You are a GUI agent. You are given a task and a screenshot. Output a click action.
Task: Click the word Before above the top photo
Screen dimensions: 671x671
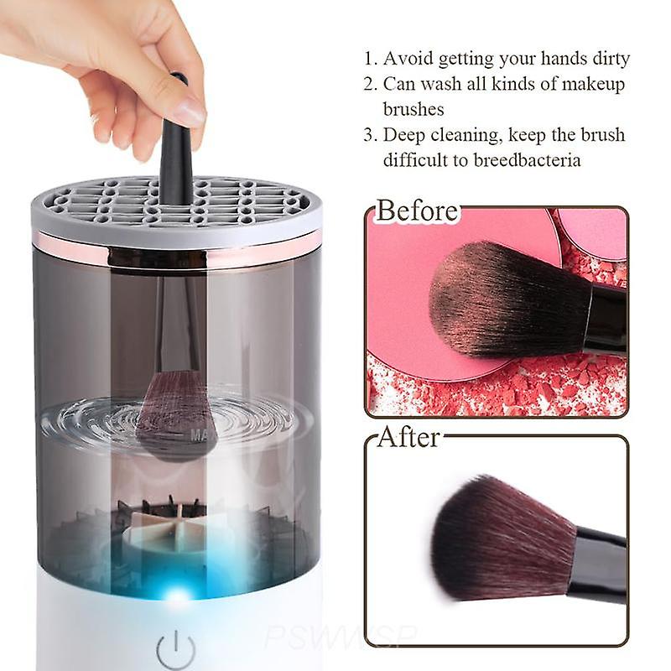coord(417,211)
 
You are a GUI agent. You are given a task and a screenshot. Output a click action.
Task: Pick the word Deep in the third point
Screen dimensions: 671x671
coord(403,136)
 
